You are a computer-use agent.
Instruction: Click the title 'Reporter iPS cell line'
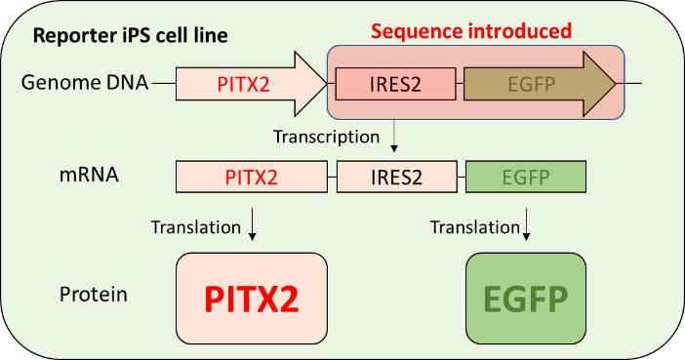pyautogui.click(x=130, y=36)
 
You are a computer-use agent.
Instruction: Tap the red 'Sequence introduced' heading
pyautogui.click(x=471, y=31)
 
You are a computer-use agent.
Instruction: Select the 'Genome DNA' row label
pyautogui.click(x=85, y=83)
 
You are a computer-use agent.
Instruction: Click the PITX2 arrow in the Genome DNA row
pyautogui.click(x=251, y=84)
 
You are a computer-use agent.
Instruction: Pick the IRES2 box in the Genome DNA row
pyautogui.click(x=395, y=84)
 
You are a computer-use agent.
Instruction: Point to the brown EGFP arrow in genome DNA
pyautogui.click(x=540, y=84)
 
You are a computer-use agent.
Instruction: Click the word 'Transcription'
pyautogui.click(x=326, y=137)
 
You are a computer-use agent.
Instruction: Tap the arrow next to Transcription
pyautogui.click(x=394, y=136)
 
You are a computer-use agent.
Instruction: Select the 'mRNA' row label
pyautogui.click(x=89, y=175)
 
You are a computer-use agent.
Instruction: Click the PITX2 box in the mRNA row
pyautogui.click(x=252, y=177)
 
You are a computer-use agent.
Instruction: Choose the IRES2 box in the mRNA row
pyautogui.click(x=397, y=177)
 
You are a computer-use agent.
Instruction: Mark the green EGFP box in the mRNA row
pyautogui.click(x=526, y=177)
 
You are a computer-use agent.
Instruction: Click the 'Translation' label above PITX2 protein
pyautogui.click(x=196, y=227)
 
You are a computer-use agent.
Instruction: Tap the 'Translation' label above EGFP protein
pyautogui.click(x=475, y=227)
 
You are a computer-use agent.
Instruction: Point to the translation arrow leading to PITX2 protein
pyautogui.click(x=252, y=224)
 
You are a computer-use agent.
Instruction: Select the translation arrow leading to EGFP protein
pyautogui.click(x=526, y=224)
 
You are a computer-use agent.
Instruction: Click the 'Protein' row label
pyautogui.click(x=94, y=295)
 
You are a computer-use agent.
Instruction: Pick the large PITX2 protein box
pyautogui.click(x=252, y=299)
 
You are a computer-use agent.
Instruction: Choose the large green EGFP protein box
pyautogui.click(x=526, y=299)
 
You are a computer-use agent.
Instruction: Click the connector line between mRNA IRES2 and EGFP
pyautogui.click(x=462, y=177)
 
